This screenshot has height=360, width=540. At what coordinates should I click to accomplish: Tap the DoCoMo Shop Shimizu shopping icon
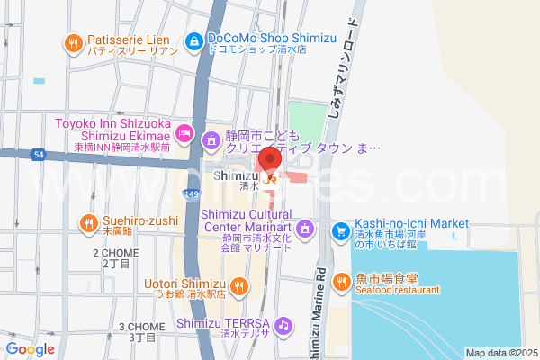[193, 40]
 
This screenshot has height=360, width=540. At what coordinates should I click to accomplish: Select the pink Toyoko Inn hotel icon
[184, 132]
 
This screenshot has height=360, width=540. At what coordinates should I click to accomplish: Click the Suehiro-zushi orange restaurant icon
[88, 222]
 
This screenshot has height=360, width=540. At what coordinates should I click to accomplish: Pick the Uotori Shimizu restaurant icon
[238, 286]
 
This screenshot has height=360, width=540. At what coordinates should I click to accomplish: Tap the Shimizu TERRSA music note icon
[283, 324]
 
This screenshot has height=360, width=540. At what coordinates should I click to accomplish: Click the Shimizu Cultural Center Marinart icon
[305, 229]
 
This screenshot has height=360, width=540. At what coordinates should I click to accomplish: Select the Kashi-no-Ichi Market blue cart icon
[341, 231]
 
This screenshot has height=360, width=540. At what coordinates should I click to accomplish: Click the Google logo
[31, 348]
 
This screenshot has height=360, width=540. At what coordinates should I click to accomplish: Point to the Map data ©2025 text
[500, 353]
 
